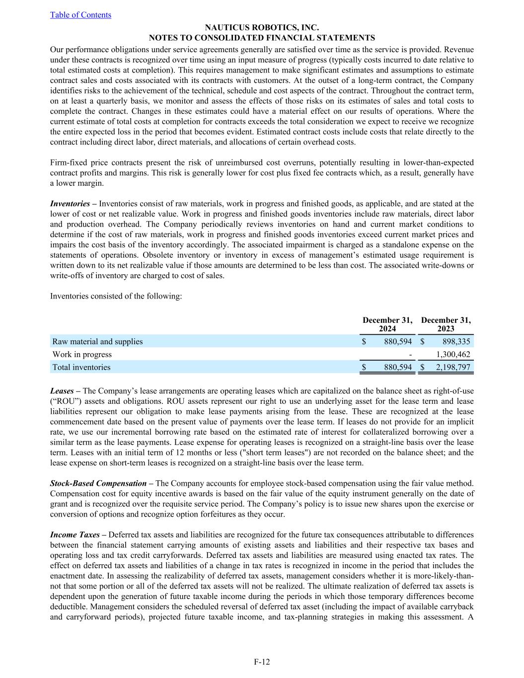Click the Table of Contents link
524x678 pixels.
coord(80,15)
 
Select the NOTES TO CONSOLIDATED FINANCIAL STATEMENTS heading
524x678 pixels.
coord(262,38)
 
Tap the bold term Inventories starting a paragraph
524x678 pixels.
coord(70,204)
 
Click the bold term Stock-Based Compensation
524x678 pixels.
coord(98,483)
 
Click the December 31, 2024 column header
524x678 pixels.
coord(387,324)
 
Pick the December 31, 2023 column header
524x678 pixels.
coord(446,324)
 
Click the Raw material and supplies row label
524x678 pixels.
coord(97,342)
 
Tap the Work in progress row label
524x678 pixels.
coord(82,355)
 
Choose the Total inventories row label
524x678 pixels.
coord(81,368)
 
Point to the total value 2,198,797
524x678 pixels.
coord(452,368)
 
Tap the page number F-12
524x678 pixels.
coord(262,662)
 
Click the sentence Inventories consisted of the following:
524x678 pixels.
coord(116,297)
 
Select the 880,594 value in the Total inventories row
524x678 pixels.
coord(398,368)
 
